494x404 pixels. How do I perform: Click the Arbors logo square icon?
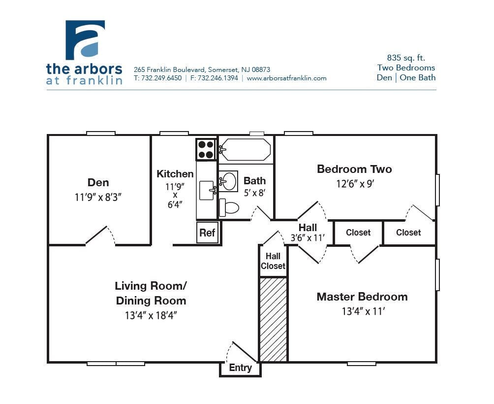click(85, 40)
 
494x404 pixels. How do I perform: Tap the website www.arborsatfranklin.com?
click(286, 78)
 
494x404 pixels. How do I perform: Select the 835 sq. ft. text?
click(406, 58)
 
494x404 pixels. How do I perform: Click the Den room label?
click(98, 183)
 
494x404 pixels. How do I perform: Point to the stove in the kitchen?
click(206, 149)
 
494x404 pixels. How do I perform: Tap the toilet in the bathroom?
click(228, 207)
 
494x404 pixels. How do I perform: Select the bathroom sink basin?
click(228, 181)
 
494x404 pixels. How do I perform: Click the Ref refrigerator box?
click(207, 233)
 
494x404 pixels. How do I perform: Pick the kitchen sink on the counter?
click(206, 190)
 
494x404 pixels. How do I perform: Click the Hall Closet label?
click(273, 261)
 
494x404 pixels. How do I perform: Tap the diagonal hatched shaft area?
click(273, 319)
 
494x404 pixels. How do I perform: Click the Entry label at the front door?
click(240, 368)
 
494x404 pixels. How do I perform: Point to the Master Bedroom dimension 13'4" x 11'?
click(362, 311)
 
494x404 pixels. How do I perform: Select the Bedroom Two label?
click(354, 169)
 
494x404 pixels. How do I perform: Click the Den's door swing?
click(101, 235)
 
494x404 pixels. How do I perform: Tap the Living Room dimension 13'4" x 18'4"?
click(151, 315)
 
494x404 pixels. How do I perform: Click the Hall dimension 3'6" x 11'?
click(308, 237)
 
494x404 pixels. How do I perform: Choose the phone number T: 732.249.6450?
click(158, 78)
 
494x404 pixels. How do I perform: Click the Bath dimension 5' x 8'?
click(254, 193)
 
